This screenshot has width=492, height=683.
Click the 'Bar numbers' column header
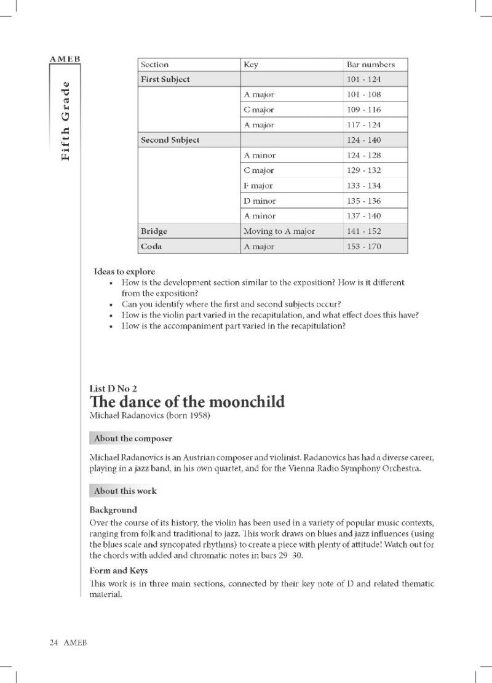point(370,64)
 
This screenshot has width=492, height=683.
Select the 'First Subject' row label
point(165,79)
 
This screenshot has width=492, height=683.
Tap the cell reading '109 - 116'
point(364,110)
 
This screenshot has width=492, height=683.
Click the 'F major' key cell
point(258,186)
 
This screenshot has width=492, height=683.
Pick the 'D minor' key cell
point(260,201)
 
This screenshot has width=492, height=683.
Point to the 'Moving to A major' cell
point(279,231)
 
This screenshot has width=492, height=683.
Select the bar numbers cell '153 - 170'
point(364,247)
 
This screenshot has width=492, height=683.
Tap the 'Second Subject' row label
point(170,140)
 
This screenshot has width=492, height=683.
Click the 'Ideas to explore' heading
point(124,271)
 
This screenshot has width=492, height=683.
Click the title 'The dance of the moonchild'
point(187,402)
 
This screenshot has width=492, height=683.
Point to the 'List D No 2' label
point(113,388)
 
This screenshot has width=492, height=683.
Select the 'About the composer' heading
point(133,439)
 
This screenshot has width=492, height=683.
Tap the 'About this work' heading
point(125,491)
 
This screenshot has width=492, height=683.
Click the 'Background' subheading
point(113,510)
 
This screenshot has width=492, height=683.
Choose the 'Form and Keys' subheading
point(119,570)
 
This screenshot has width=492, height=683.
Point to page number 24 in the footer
point(54,642)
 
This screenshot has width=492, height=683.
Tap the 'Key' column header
point(251,64)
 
